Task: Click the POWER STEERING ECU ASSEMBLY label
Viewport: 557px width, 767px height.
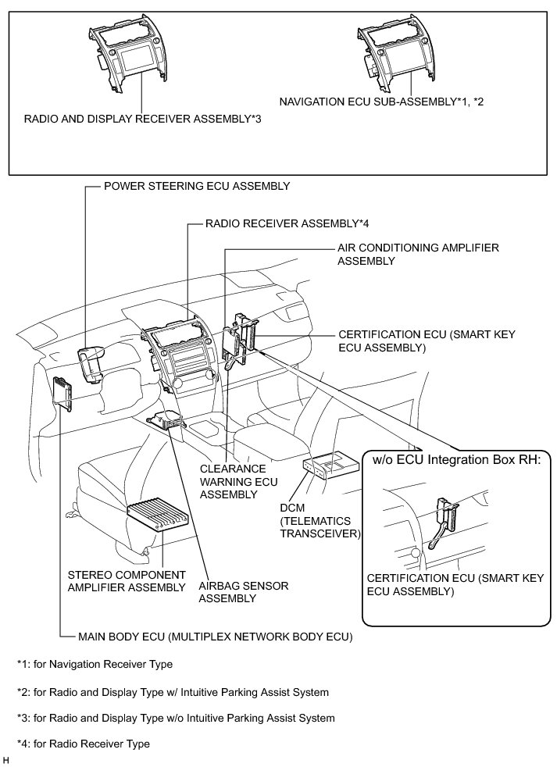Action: pyautogui.click(x=197, y=187)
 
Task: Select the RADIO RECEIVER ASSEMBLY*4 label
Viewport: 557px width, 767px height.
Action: pyautogui.click(x=286, y=223)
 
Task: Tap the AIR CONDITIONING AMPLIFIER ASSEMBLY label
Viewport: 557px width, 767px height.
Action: pyautogui.click(x=417, y=254)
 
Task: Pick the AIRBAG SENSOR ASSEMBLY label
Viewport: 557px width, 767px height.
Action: pyautogui.click(x=232, y=591)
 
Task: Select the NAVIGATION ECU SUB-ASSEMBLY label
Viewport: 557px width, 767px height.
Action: pyautogui.click(x=382, y=102)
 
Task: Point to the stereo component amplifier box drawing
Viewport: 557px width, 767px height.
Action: pyautogui.click(x=159, y=515)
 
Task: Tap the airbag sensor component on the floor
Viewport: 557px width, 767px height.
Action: pyautogui.click(x=169, y=421)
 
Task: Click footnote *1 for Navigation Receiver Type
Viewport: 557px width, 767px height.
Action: pyautogui.click(x=95, y=665)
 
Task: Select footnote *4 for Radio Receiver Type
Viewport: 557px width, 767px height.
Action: pyautogui.click(x=84, y=744)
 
